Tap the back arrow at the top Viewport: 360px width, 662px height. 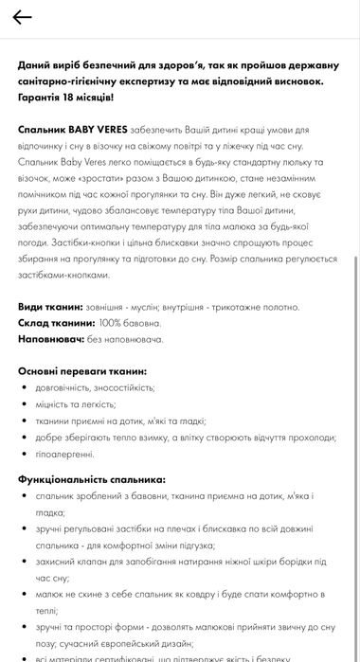(x=22, y=17)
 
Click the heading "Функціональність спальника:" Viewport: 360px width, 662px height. (x=91, y=479)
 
